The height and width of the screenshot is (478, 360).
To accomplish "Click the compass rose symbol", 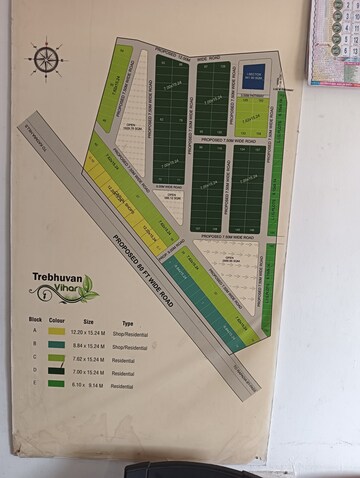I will click(x=46, y=59).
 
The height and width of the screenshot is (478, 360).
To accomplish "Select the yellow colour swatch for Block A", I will click(x=56, y=330).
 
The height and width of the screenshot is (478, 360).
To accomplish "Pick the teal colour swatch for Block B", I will click(x=56, y=343).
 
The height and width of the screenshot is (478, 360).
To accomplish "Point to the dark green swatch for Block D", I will click(x=56, y=370).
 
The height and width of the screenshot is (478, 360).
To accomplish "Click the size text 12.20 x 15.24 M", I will click(x=95, y=330).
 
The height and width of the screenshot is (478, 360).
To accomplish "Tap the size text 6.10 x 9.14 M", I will click(x=95, y=384).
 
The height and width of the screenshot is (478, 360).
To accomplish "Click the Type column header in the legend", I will click(x=128, y=323).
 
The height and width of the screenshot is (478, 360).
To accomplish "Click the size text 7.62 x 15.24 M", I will click(x=95, y=357).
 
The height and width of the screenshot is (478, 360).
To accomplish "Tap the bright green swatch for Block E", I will click(x=56, y=384).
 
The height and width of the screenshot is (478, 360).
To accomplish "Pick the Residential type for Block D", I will click(x=128, y=371).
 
